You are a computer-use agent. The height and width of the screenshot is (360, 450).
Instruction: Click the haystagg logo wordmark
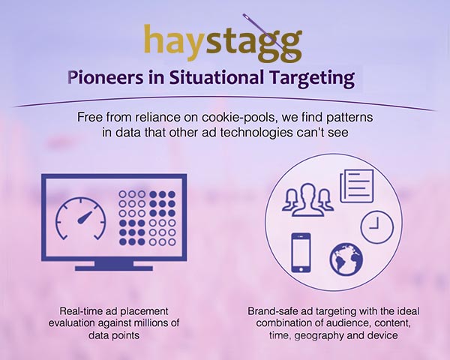[x=223, y=43]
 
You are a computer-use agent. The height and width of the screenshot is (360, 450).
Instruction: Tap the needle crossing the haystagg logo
[x=269, y=36]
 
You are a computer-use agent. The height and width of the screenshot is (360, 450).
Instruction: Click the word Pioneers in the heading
[x=105, y=78]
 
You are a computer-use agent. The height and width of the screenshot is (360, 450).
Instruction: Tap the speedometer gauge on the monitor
[x=81, y=218]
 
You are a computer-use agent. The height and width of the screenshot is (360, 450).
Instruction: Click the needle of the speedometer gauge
[x=85, y=217]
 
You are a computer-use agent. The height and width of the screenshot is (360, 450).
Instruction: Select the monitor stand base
[x=114, y=268]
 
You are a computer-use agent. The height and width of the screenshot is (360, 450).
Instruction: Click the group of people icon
[x=307, y=199]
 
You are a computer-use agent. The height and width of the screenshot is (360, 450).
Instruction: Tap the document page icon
[x=357, y=186]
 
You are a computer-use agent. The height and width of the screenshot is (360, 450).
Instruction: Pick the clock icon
[x=376, y=227]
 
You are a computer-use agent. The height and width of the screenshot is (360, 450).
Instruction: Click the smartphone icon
[x=301, y=253]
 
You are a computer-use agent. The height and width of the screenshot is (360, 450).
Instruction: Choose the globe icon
[x=346, y=259]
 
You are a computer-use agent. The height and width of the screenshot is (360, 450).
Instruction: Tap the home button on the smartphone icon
[x=301, y=269]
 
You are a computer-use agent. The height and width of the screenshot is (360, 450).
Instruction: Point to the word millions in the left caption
[x=151, y=323]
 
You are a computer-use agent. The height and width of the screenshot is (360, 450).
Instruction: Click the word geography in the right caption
[x=319, y=335]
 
